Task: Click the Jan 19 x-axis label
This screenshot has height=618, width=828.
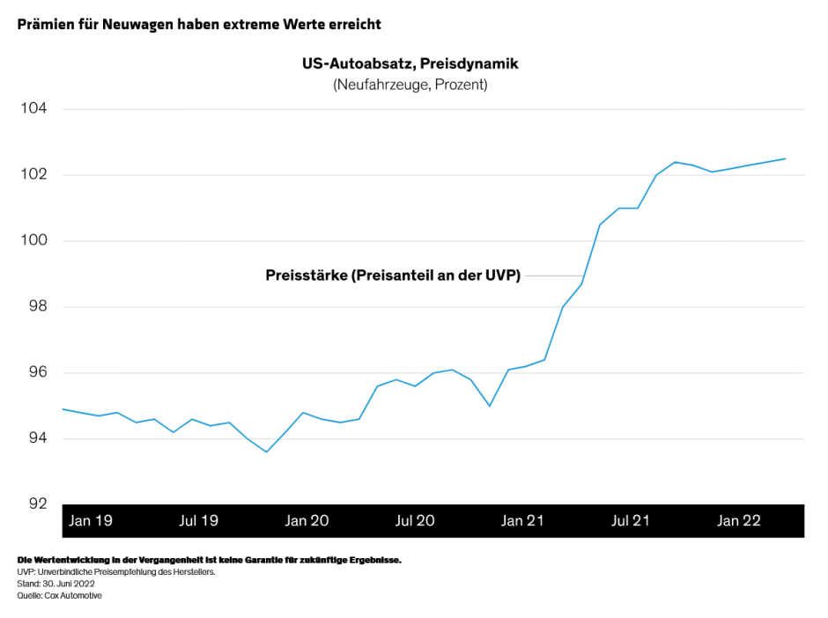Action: click(x=91, y=521)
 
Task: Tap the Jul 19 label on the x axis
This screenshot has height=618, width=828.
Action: click(x=198, y=521)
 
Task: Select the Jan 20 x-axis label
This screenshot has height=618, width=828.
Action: click(x=307, y=521)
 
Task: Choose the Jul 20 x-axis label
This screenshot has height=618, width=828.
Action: click(x=415, y=521)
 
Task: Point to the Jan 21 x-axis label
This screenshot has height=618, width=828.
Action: click(x=523, y=521)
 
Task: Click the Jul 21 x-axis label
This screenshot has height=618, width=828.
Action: click(x=631, y=521)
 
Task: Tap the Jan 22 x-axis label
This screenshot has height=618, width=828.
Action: click(x=739, y=521)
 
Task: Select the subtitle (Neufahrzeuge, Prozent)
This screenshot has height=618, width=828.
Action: click(x=410, y=85)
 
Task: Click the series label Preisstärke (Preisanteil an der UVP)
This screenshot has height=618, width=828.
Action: click(x=393, y=276)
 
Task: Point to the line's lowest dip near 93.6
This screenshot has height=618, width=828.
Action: click(x=266, y=452)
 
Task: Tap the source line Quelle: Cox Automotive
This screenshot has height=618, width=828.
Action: click(x=59, y=596)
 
